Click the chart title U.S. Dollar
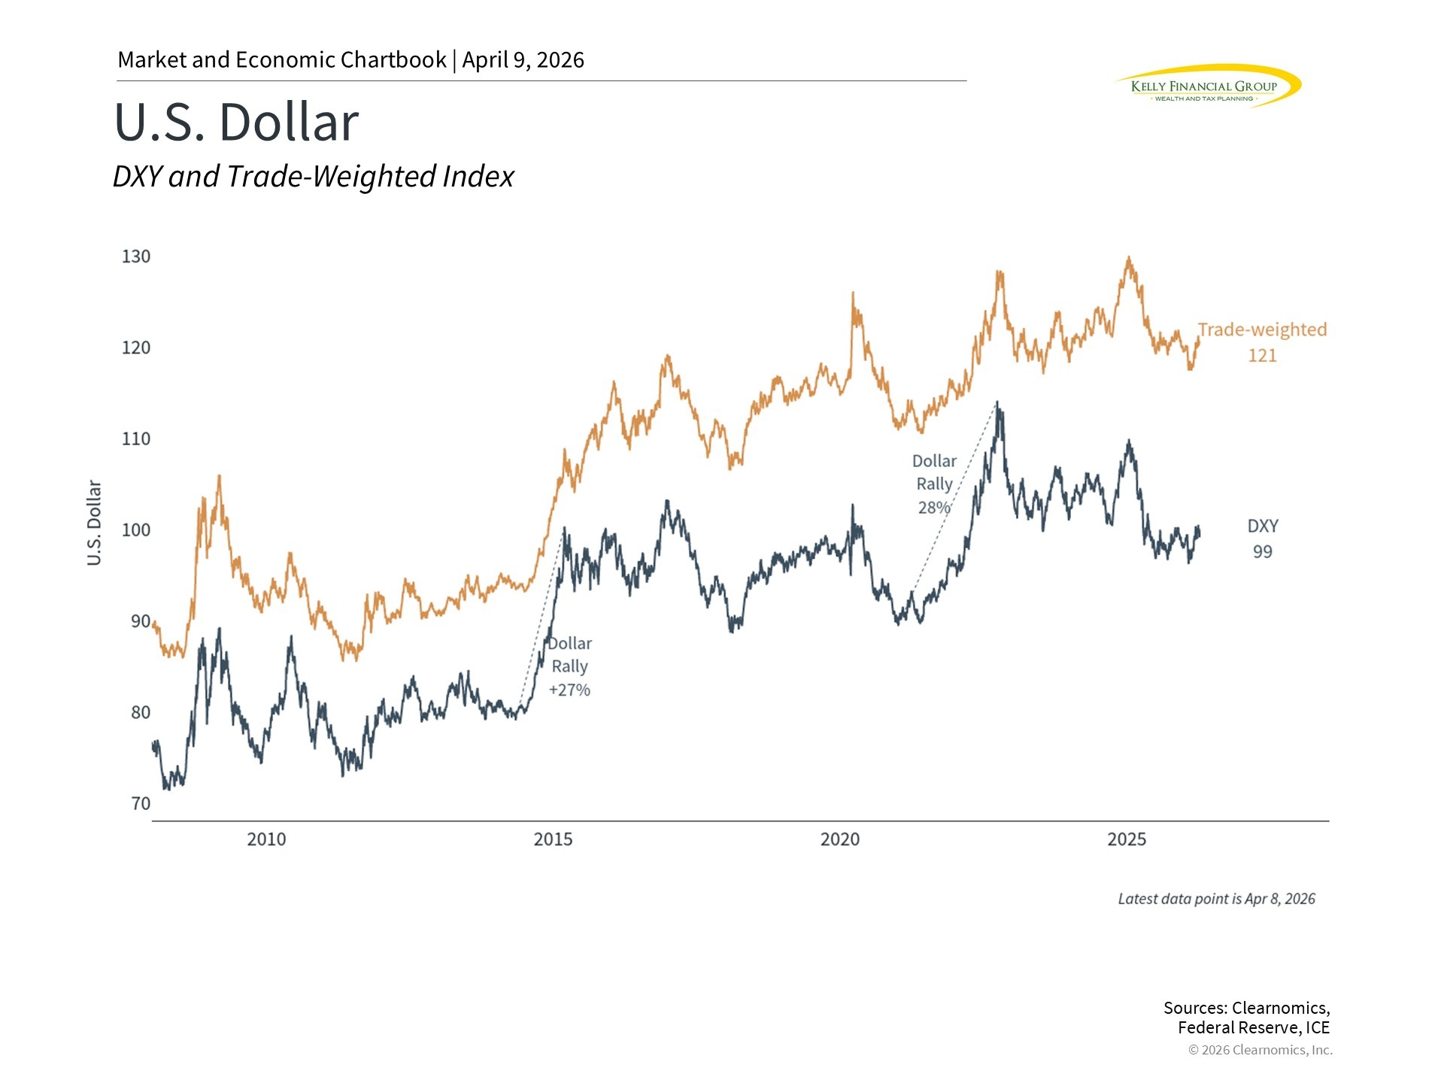[x=236, y=122]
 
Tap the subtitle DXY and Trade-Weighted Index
[x=313, y=177]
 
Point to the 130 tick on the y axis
[x=136, y=256]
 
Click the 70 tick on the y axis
[x=141, y=804]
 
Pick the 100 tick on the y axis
[x=136, y=530]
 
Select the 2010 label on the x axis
[x=266, y=839]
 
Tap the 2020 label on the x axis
[x=839, y=839]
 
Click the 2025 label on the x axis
[x=1126, y=839]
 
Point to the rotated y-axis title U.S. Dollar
[x=94, y=523]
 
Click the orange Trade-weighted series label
[x=1262, y=330]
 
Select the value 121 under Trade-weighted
[x=1262, y=356]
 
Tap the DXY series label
[x=1262, y=526]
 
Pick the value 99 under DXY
[x=1262, y=552]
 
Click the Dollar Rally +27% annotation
[x=569, y=666]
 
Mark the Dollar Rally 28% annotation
[x=934, y=484]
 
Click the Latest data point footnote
[x=1216, y=899]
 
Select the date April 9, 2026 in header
[x=523, y=60]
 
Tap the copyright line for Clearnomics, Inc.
[x=1260, y=1050]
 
